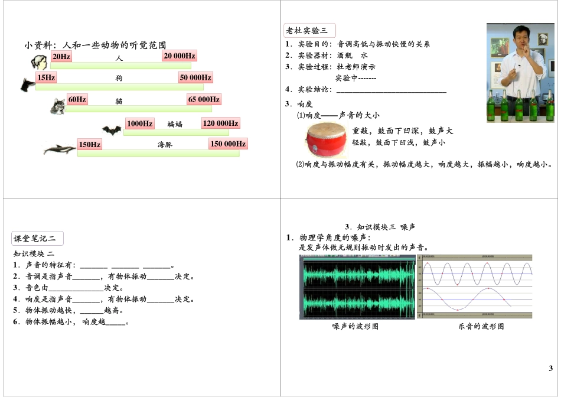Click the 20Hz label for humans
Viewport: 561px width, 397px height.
pyautogui.click(x=61, y=56)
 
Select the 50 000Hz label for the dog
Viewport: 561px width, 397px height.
pyautogui.click(x=195, y=77)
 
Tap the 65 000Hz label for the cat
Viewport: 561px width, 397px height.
pyautogui.click(x=204, y=99)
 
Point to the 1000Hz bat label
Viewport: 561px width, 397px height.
pyautogui.click(x=140, y=123)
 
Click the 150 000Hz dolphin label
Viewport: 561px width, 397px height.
pyautogui.click(x=228, y=144)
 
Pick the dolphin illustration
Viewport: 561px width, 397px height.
pyautogui.click(x=60, y=149)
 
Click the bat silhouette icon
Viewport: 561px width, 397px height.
pyautogui.click(x=111, y=130)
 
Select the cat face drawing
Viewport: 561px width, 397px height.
pyautogui.click(x=58, y=106)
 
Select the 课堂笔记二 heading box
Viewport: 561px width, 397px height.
pyautogui.click(x=38, y=239)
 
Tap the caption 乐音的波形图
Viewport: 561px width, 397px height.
pyautogui.click(x=481, y=326)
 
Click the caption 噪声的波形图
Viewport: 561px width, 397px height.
pyautogui.click(x=355, y=326)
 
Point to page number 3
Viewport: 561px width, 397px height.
pyautogui.click(x=550, y=368)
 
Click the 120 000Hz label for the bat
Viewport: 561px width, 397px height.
pyautogui.click(x=220, y=123)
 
